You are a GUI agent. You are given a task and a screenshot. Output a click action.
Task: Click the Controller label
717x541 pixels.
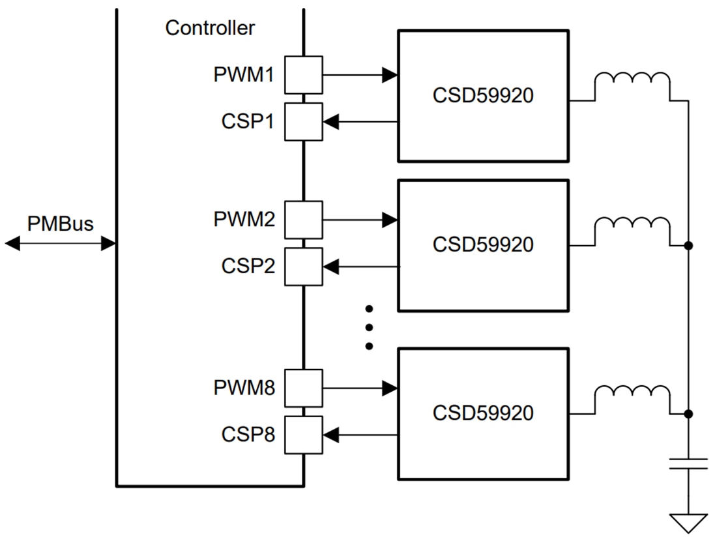click(x=210, y=28)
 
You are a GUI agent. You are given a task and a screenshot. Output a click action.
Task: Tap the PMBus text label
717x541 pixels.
click(x=60, y=224)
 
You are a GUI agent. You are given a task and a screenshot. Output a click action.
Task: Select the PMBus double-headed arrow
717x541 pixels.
click(x=60, y=244)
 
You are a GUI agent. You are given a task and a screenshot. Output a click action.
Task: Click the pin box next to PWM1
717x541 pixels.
click(x=303, y=75)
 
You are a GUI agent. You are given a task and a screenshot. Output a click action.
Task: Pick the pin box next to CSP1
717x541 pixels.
click(x=303, y=121)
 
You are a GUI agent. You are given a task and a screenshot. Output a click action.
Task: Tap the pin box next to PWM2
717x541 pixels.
click(x=303, y=220)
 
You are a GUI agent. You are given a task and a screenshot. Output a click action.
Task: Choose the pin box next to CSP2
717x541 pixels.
click(x=303, y=266)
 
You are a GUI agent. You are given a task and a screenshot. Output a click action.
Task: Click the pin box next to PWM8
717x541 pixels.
click(x=303, y=388)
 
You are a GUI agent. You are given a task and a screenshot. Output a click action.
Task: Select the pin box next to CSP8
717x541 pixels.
click(x=303, y=435)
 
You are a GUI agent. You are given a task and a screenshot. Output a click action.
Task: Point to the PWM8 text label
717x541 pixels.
click(x=244, y=388)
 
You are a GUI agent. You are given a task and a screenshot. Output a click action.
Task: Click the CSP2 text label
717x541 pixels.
click(x=248, y=266)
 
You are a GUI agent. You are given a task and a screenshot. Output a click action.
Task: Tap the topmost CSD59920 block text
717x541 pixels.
click(x=483, y=96)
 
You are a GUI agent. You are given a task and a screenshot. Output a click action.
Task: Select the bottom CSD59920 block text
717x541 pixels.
click(x=483, y=413)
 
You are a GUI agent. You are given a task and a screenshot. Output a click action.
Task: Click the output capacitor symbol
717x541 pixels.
click(x=688, y=463)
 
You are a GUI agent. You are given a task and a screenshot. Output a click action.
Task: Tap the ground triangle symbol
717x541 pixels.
click(x=688, y=522)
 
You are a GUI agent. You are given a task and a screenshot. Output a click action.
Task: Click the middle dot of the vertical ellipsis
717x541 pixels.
click(x=368, y=327)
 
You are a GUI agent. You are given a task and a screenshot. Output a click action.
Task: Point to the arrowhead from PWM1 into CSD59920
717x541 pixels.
click(x=390, y=75)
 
